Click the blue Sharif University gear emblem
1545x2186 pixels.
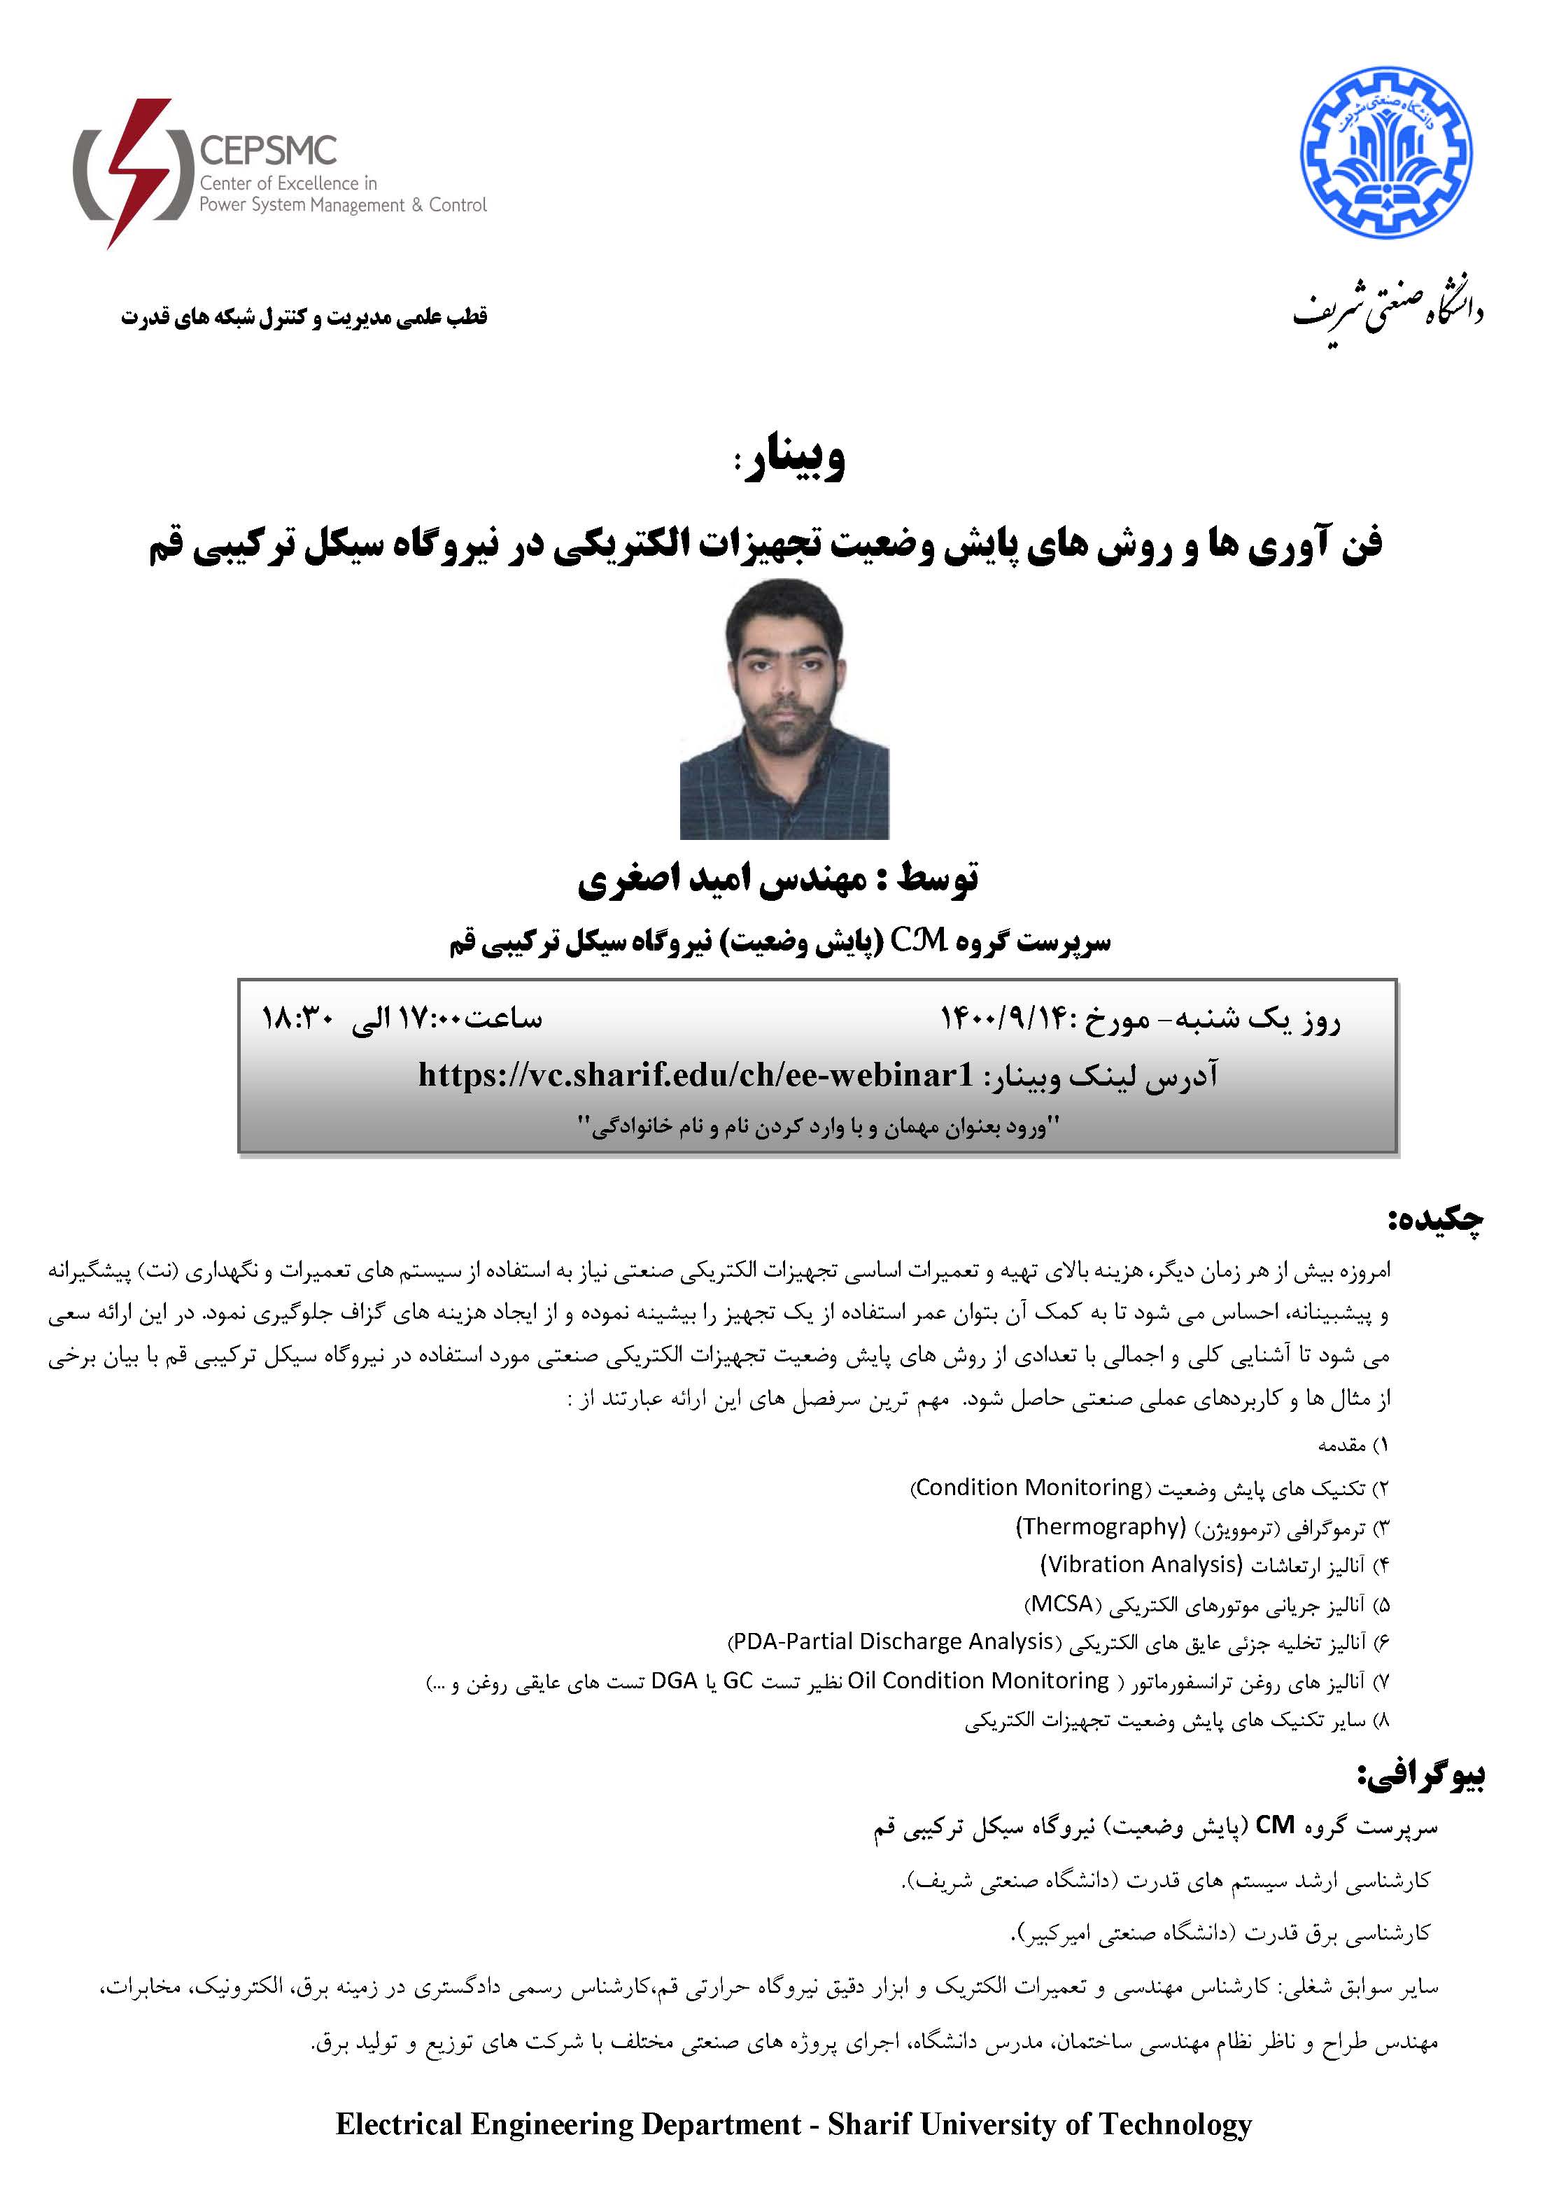[1386, 153]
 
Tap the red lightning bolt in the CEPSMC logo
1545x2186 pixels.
[139, 171]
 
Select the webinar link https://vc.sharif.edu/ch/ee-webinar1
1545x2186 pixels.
[696, 1075]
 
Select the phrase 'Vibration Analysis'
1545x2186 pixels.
[1141, 1564]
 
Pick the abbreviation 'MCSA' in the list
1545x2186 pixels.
[1062, 1604]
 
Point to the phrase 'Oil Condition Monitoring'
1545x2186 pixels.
[979, 1681]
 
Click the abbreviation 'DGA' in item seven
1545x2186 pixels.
[675, 1681]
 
